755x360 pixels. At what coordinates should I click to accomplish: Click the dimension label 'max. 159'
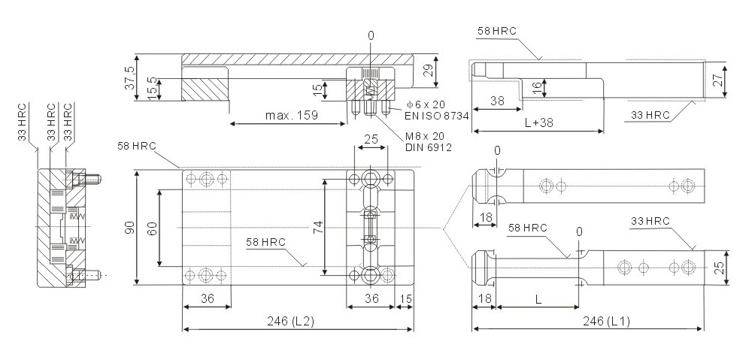point(291,115)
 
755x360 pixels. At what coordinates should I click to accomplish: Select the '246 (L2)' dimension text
point(290,322)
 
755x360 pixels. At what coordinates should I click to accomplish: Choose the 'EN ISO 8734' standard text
point(437,114)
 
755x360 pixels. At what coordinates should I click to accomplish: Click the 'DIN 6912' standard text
point(429,148)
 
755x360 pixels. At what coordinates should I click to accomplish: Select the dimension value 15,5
point(151,89)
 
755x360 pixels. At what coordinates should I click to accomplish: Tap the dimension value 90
point(129,228)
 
